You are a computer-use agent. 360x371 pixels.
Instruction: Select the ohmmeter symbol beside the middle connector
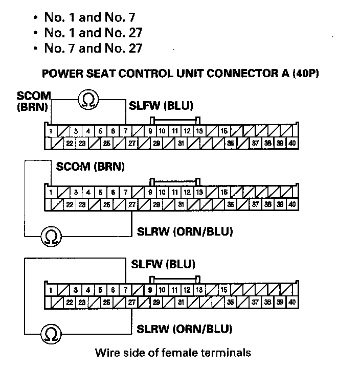click(52, 236)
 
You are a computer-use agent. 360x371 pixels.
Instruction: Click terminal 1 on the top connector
click(51, 131)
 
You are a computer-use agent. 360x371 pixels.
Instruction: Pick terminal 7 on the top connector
click(126, 131)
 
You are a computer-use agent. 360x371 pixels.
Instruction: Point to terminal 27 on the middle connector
click(132, 204)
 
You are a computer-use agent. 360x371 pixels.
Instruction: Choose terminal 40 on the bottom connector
click(292, 303)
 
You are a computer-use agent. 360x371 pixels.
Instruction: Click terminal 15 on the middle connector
click(224, 193)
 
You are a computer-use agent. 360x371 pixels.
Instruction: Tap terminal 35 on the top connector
click(230, 144)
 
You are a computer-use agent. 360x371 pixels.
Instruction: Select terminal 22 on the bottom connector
click(70, 303)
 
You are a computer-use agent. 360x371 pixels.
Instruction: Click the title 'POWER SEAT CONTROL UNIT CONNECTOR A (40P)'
click(181, 73)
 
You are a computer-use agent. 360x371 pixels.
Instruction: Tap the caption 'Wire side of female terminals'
click(173, 353)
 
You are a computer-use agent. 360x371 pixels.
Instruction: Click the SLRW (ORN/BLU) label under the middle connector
click(185, 231)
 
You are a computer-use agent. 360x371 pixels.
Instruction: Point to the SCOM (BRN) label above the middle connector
click(91, 167)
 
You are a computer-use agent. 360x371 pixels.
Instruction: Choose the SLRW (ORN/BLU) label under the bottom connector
click(185, 329)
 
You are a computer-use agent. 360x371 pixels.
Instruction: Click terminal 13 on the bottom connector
click(199, 290)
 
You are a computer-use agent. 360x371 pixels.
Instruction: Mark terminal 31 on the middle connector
click(181, 204)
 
